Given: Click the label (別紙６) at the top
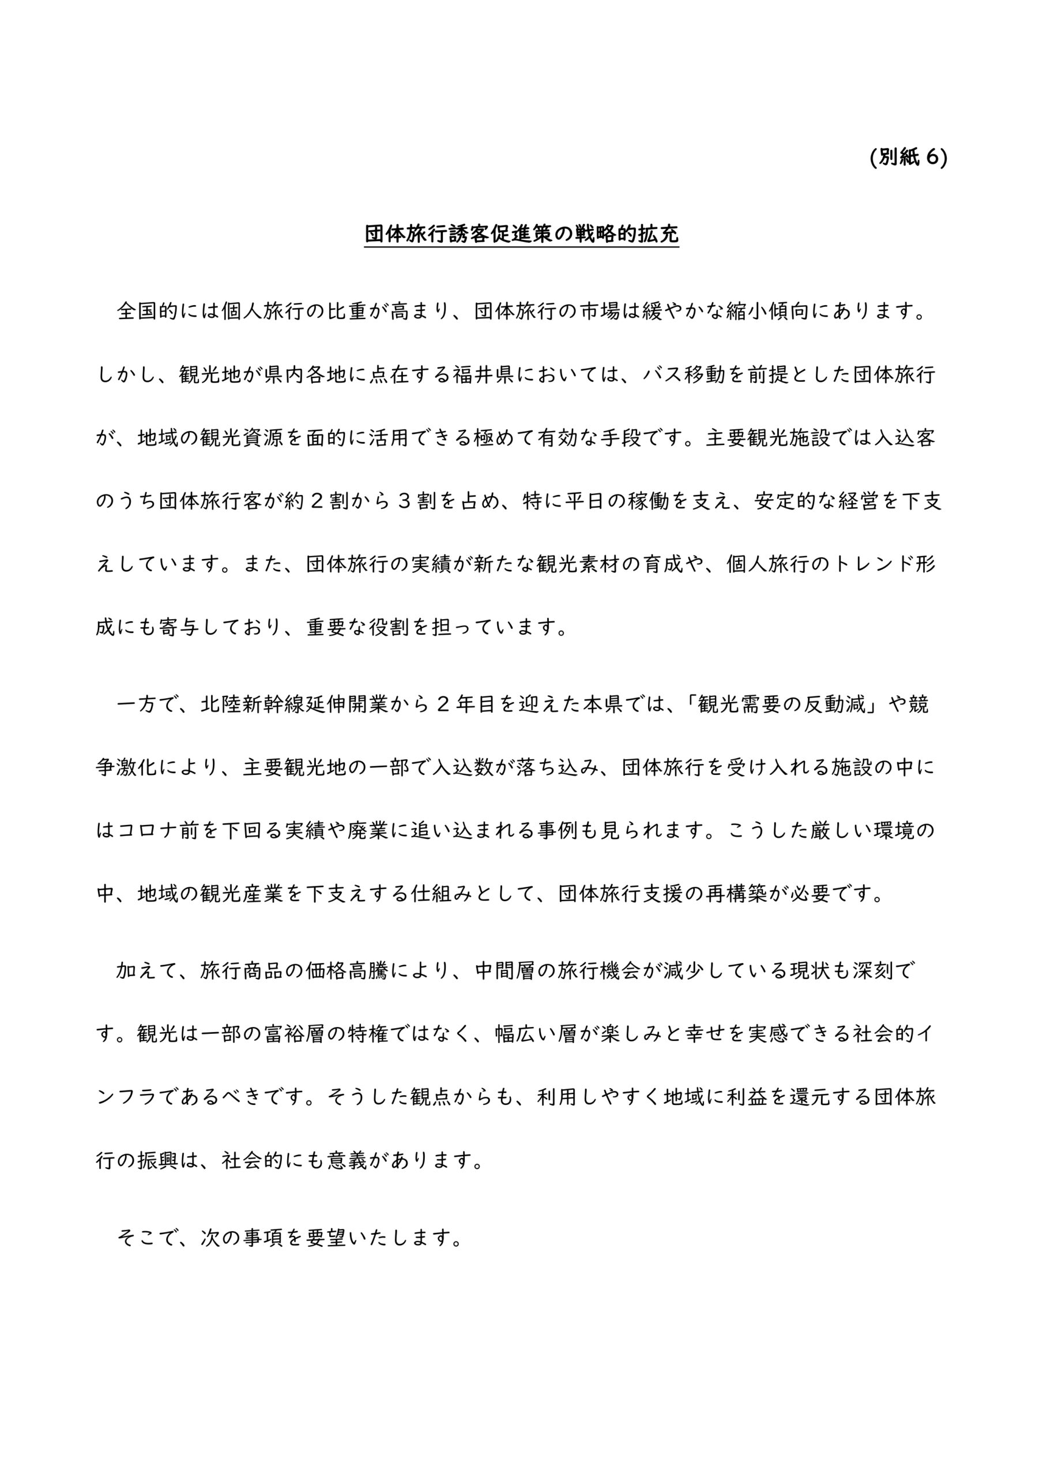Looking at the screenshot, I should [908, 158].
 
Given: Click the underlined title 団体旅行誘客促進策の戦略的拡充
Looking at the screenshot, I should [521, 234].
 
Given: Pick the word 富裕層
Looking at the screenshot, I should [295, 1034].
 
